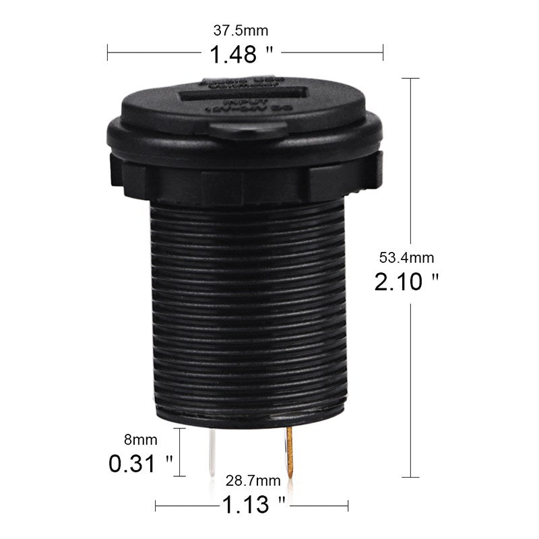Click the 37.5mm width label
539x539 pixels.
coord(241,31)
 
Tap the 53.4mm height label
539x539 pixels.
coord(407,257)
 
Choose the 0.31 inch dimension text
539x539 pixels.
coord(141,464)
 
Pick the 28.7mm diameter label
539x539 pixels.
coord(253,480)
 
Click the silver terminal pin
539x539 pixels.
coord(213,452)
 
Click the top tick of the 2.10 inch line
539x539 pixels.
coord(411,79)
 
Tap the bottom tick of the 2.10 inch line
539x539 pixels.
coord(411,476)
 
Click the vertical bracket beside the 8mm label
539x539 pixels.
coord(179,451)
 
